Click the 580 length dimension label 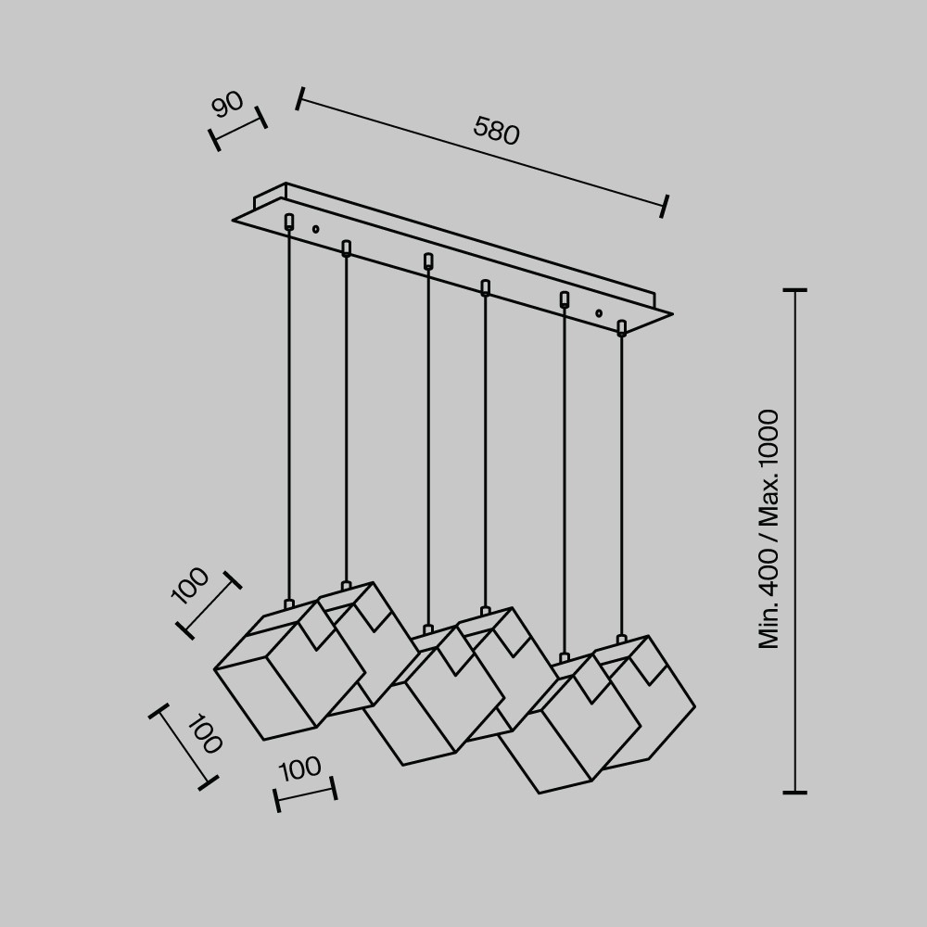coord(497,131)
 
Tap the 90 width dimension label coord(228,105)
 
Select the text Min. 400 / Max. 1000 coord(769,529)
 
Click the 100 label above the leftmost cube coord(190,585)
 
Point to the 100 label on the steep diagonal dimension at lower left coord(205,733)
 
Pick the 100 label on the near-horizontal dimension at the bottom coord(299,769)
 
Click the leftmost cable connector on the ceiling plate coord(289,222)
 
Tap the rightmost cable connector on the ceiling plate coord(621,328)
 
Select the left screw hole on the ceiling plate coord(316,229)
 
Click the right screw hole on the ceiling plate coord(599,312)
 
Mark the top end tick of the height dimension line coord(794,290)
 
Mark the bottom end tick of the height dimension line coord(794,793)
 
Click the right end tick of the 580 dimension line coord(665,206)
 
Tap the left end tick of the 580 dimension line coord(299,99)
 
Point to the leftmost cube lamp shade coord(288,671)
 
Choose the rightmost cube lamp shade coord(644,703)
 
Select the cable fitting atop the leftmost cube coord(289,604)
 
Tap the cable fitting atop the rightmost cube coord(621,639)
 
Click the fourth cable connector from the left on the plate coord(486,288)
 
